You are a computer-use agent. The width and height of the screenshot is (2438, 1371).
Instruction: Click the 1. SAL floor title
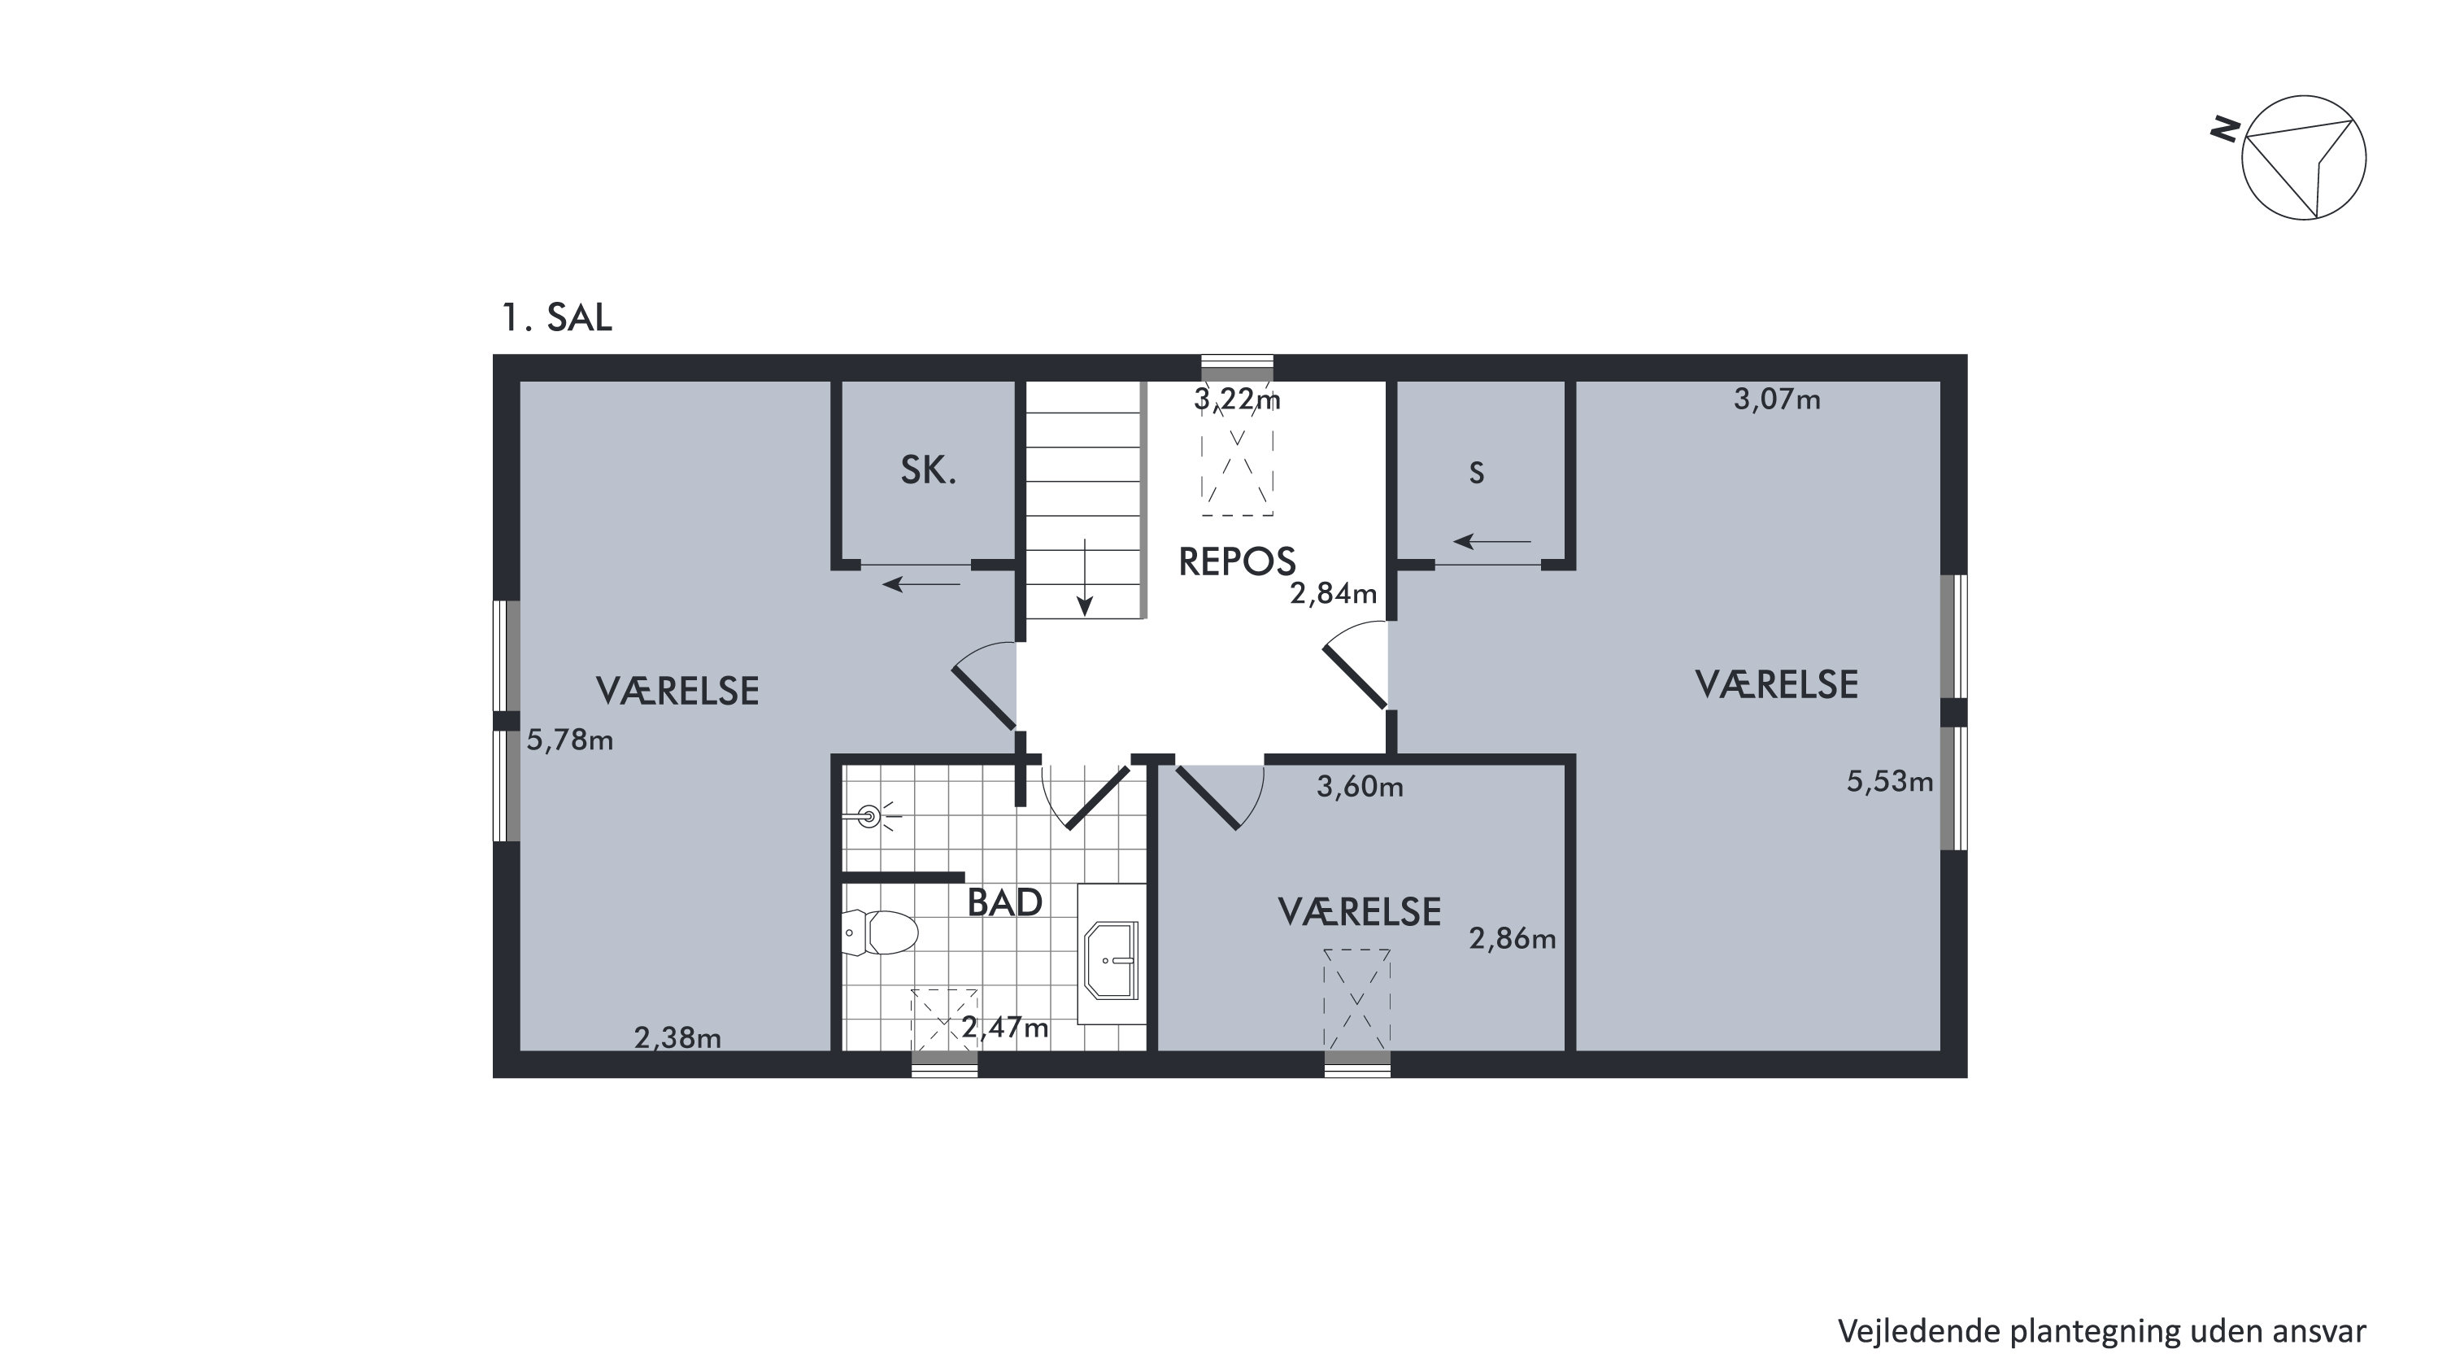(x=556, y=318)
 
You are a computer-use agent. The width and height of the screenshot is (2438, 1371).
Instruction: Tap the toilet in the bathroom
(x=879, y=932)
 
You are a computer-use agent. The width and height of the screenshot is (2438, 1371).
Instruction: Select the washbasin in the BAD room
(x=1112, y=960)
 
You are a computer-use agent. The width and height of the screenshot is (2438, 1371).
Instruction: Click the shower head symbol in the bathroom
(x=871, y=815)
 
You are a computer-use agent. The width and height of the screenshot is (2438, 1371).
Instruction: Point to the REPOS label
(x=1236, y=562)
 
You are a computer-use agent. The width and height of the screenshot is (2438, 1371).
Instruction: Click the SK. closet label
(x=929, y=470)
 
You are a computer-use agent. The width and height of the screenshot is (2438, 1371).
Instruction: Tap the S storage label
(x=1477, y=474)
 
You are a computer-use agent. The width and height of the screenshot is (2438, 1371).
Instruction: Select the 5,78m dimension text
(x=570, y=740)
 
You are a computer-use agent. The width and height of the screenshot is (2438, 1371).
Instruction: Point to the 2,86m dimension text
(x=1513, y=938)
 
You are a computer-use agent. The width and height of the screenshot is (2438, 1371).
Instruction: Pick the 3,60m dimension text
(x=1360, y=787)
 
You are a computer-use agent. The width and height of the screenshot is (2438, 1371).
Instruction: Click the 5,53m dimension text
(x=1890, y=781)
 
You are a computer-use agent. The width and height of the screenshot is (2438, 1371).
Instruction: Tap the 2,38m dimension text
(x=677, y=1039)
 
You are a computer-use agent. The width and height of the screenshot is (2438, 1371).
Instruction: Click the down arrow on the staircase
(x=1085, y=577)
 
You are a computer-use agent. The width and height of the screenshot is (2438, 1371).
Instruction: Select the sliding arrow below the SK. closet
(x=921, y=584)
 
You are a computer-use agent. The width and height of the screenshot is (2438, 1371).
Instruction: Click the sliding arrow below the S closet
(x=1491, y=542)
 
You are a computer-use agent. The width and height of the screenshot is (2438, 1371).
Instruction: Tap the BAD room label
(x=1004, y=903)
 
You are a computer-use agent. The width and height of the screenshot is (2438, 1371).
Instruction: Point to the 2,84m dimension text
(x=1334, y=594)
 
